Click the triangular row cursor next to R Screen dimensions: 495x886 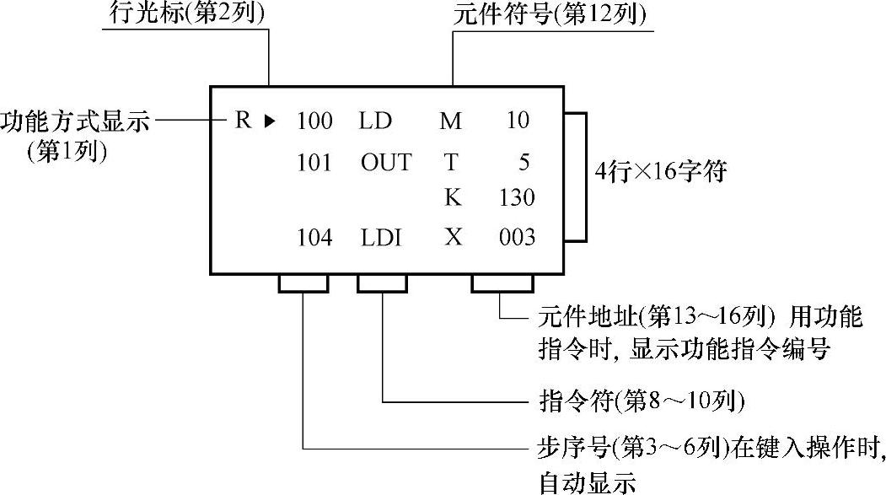[x=270, y=121]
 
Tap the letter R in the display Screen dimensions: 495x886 [x=243, y=121]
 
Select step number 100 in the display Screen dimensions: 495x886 [x=315, y=121]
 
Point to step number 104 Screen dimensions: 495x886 [x=315, y=238]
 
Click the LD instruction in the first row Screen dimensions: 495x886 [x=375, y=121]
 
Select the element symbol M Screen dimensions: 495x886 [x=451, y=121]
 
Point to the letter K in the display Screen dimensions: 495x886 [x=453, y=198]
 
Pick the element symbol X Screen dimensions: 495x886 [x=453, y=238]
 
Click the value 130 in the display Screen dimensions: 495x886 [x=516, y=198]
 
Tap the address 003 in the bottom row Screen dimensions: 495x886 [x=516, y=238]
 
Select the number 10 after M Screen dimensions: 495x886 [x=518, y=121]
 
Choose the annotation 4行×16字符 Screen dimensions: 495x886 [x=660, y=173]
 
